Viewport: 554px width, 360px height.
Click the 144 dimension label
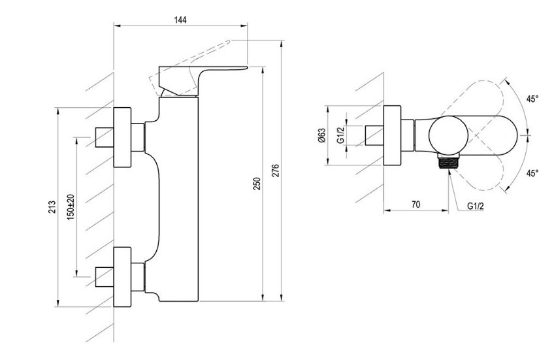[x=180, y=20]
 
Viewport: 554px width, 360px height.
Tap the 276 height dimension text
[x=276, y=171]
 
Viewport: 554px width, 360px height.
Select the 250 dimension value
[x=257, y=184]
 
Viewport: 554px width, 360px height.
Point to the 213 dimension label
[x=52, y=207]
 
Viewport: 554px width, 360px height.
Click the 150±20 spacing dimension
[x=71, y=207]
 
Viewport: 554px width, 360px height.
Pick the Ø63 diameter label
[x=321, y=135]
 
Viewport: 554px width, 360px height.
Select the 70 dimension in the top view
[x=416, y=205]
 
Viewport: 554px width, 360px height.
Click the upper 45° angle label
[x=532, y=99]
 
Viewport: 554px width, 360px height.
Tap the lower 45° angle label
[x=532, y=173]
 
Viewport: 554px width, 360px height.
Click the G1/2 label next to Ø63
[x=340, y=135]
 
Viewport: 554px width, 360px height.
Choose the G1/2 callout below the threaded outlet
[x=475, y=206]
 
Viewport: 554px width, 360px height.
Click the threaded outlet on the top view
[x=449, y=163]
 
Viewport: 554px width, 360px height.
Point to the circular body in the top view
[x=448, y=135]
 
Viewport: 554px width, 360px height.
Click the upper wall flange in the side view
[x=122, y=137]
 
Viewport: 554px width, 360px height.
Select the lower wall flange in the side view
[x=122, y=277]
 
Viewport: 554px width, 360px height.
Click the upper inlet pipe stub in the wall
[x=105, y=137]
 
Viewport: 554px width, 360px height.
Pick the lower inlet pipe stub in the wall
[x=105, y=277]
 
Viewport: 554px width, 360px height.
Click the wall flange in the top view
[x=392, y=135]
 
